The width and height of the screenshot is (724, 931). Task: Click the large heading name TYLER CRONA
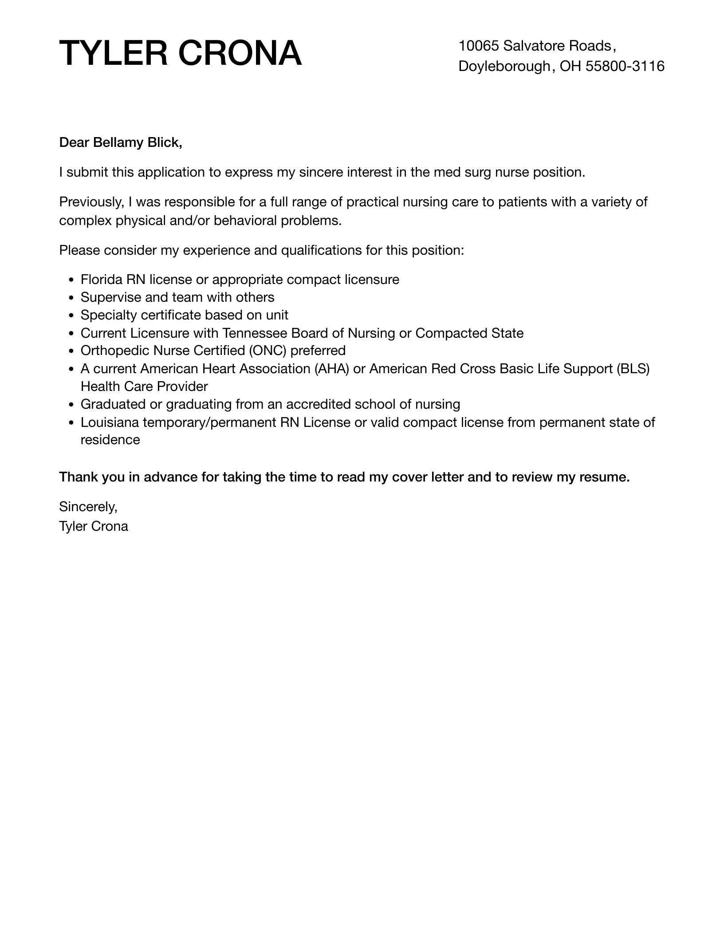(181, 53)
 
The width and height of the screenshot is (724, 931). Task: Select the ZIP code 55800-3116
(625, 66)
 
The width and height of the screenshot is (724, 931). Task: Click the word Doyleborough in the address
(504, 66)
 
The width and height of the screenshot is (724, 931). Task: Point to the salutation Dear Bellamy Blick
(120, 142)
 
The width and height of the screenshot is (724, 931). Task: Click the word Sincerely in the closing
(88, 506)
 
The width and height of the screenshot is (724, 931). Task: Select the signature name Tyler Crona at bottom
(94, 526)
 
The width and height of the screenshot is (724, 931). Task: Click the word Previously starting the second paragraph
(91, 202)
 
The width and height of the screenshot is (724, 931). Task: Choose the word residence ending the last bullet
(110, 440)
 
